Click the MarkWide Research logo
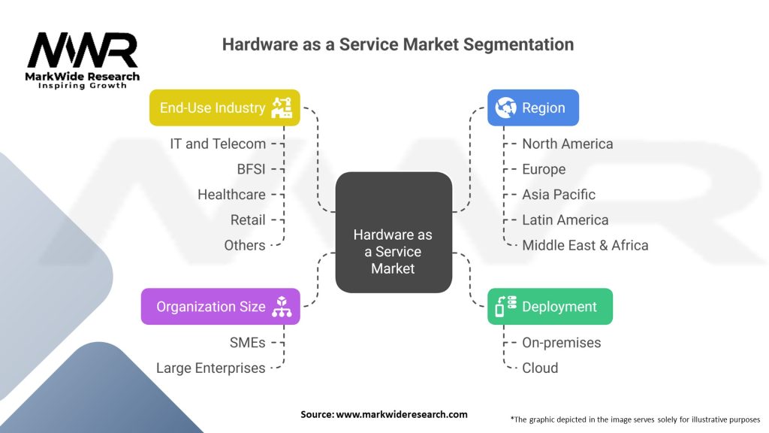83,58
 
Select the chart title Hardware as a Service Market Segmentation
397,44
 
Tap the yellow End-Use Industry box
224,107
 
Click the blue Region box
532,107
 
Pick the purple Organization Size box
220,307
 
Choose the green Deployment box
550,307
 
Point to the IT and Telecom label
218,144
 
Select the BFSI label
251,169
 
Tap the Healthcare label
231,194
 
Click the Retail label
248,220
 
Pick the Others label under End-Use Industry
245,245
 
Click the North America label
567,144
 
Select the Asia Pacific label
558,194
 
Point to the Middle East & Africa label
585,245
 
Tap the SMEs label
247,342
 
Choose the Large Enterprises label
210,368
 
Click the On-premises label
561,342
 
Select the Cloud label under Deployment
540,368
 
